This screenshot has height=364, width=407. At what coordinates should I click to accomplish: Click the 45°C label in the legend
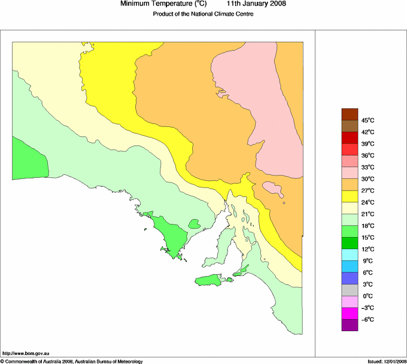pyautogui.click(x=368, y=120)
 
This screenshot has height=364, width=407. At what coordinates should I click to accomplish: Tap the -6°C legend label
pyautogui.click(x=367, y=319)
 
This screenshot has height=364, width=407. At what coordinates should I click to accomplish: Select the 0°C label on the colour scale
pyautogui.click(x=368, y=296)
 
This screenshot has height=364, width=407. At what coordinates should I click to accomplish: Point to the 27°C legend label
pyautogui.click(x=368, y=190)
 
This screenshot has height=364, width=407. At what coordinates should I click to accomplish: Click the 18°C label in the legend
pyautogui.click(x=368, y=226)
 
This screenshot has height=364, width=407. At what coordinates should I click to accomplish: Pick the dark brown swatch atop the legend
pyautogui.click(x=350, y=114)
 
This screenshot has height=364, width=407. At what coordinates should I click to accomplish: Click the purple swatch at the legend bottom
pyautogui.click(x=350, y=325)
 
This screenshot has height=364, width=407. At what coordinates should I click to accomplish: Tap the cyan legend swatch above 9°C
pyautogui.click(x=350, y=254)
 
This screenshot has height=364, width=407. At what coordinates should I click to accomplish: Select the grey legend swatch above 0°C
pyautogui.click(x=350, y=290)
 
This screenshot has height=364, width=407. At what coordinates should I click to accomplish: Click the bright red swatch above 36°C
pyautogui.click(x=350, y=149)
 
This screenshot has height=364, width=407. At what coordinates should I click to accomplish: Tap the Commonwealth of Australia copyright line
pyautogui.click(x=72, y=361)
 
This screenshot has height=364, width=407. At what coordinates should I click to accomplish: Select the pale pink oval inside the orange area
pyautogui.click(x=273, y=190)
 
